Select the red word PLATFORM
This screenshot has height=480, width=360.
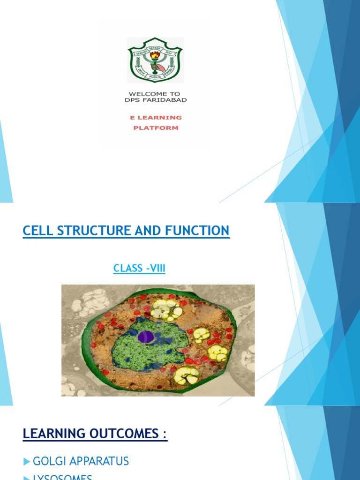[156, 127]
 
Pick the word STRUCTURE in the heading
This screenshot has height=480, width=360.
[88, 231]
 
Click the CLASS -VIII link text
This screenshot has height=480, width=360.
[139, 269]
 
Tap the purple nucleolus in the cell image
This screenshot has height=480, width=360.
[146, 336]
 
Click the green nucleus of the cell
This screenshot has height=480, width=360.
[141, 347]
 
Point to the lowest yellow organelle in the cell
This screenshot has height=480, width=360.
[186, 375]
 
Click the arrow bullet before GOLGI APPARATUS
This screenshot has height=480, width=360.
[26, 462]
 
